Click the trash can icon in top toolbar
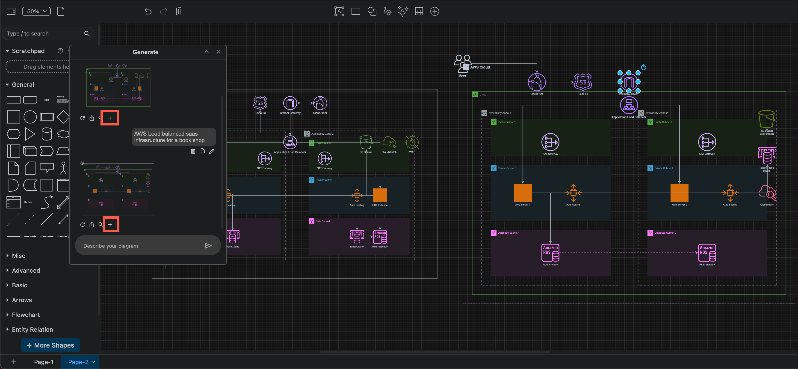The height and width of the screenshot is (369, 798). coord(179,12)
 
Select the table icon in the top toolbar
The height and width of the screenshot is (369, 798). coord(419,12)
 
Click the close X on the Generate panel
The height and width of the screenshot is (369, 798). coord(218,52)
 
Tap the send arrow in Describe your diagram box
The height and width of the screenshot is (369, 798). coord(208,246)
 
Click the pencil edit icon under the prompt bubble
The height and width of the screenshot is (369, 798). coord(212,151)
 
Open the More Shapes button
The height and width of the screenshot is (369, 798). coord(50,345)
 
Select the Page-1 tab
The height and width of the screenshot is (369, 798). coord(44,362)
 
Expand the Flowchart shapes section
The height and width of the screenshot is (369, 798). coord(26,315)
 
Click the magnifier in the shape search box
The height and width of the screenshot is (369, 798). coord(87,33)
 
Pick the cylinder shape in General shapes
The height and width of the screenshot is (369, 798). coord(47,134)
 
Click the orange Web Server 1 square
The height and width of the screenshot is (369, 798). coord(523,193)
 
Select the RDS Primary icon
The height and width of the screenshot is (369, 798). coord(550,253)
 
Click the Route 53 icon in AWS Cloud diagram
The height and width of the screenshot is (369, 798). coord(583,82)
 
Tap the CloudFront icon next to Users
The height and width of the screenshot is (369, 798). coord(537,82)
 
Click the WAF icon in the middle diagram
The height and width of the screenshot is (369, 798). coord(412,143)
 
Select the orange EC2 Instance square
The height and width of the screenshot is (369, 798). coord(380,195)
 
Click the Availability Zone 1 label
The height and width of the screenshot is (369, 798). coord(499,113)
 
